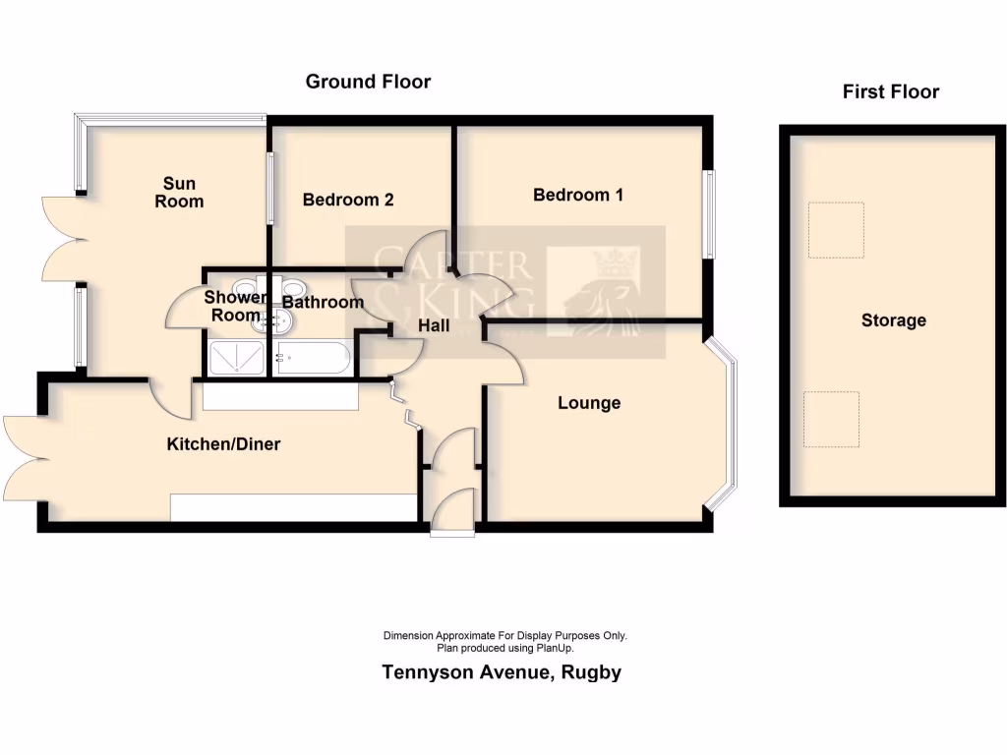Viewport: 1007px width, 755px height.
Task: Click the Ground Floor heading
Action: [x=368, y=82]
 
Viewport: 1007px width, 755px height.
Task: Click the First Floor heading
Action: [x=890, y=92]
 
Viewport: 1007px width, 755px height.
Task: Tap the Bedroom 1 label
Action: [x=578, y=195]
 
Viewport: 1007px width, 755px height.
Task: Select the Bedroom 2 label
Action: [x=348, y=200]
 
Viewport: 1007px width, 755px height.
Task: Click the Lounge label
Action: [x=589, y=403]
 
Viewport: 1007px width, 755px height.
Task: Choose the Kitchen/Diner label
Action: [x=223, y=444]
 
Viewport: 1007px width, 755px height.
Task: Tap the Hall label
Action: [x=435, y=325]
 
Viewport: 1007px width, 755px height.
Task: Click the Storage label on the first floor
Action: [x=893, y=320]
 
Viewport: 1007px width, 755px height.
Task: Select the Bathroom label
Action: [x=323, y=302]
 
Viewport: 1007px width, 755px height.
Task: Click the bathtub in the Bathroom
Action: [x=312, y=359]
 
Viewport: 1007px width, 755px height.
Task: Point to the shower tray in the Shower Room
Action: [x=236, y=359]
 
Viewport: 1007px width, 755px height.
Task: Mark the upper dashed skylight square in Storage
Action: [x=836, y=230]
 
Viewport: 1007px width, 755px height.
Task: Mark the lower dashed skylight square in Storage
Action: [x=831, y=419]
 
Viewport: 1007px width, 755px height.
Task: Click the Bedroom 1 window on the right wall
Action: [x=708, y=215]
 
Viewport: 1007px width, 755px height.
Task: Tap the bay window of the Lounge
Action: [x=728, y=423]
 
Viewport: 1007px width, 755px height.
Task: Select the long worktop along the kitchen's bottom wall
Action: [x=293, y=507]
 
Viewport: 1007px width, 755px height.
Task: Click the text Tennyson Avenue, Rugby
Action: [x=502, y=673]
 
